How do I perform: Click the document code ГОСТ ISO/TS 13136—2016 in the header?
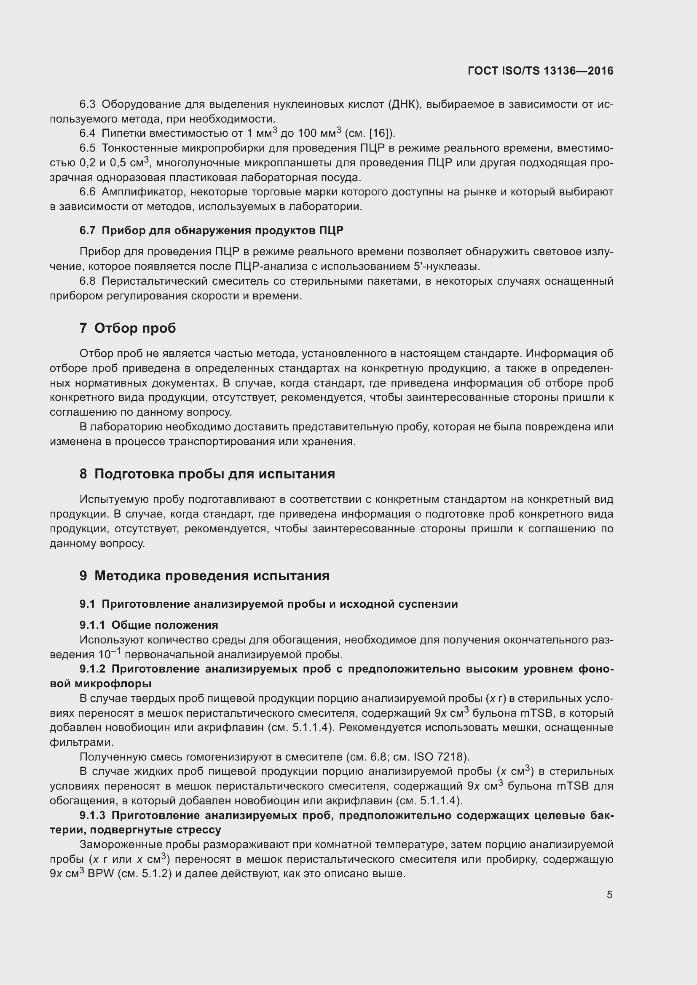(540, 71)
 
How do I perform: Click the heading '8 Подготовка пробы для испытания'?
(207, 474)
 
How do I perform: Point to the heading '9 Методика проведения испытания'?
(204, 576)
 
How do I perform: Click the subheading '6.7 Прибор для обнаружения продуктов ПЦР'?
(211, 231)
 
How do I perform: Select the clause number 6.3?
(87, 104)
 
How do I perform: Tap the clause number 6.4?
(87, 133)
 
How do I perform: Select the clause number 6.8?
(87, 281)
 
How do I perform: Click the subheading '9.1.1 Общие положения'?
(149, 625)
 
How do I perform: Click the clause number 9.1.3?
(92, 815)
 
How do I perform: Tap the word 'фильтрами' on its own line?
(80, 742)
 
